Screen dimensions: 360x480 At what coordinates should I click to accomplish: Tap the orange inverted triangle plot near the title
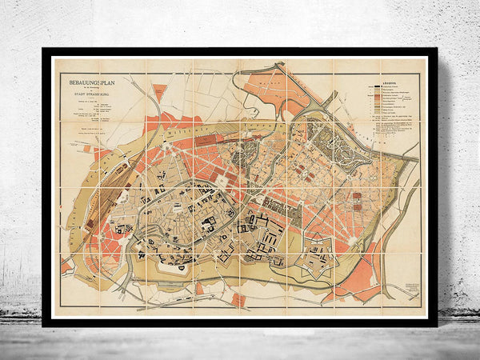[159, 93]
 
